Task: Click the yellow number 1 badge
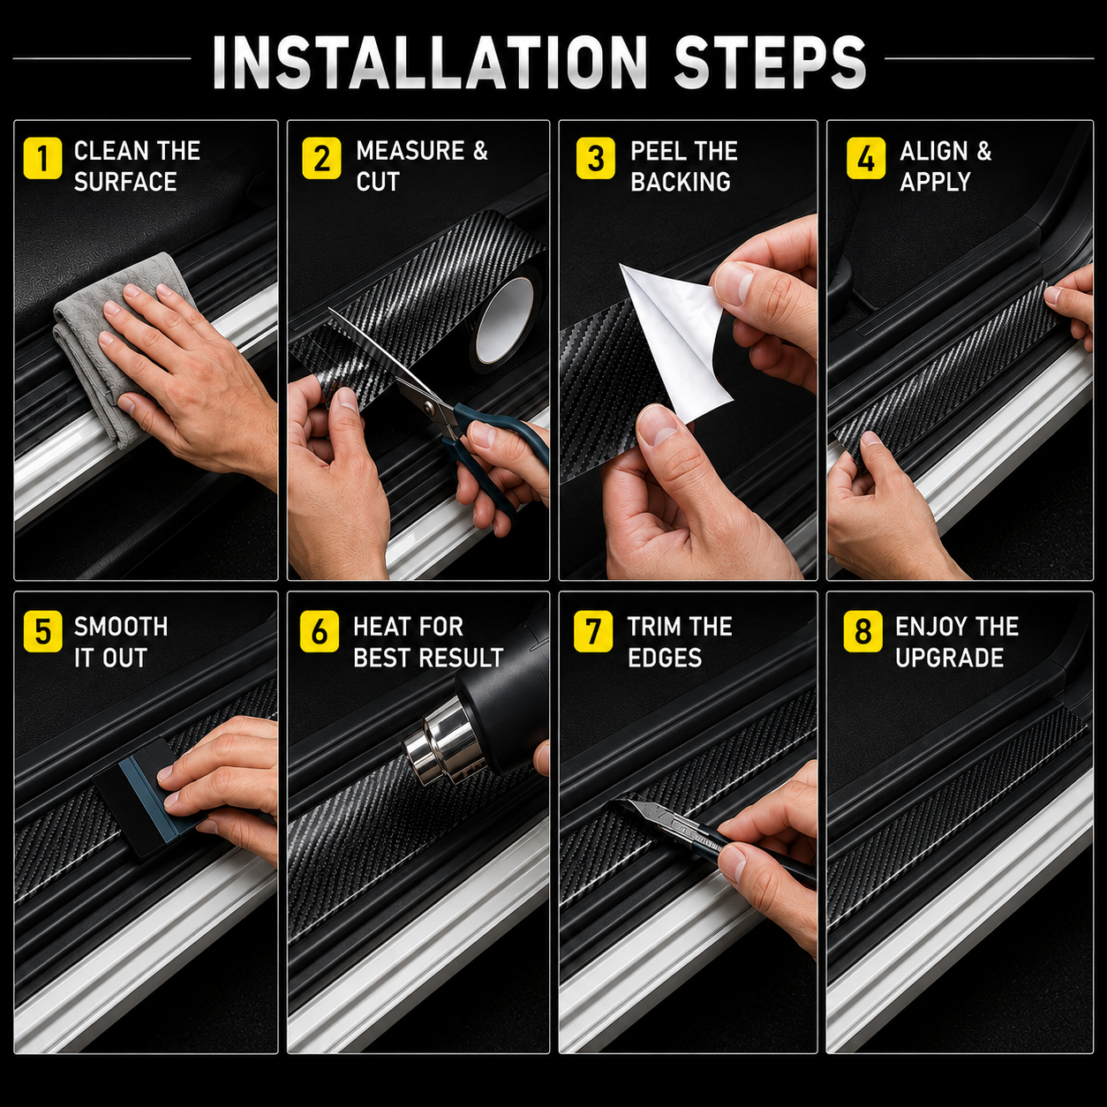[x=42, y=159]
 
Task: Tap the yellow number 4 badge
[x=866, y=159]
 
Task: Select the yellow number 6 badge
[x=320, y=632]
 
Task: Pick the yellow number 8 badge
[x=862, y=632]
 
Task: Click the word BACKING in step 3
[x=680, y=182]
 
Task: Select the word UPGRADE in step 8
[x=949, y=658]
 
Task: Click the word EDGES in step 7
[x=665, y=658]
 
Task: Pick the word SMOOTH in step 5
[x=121, y=626]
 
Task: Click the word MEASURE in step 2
[x=410, y=151]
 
